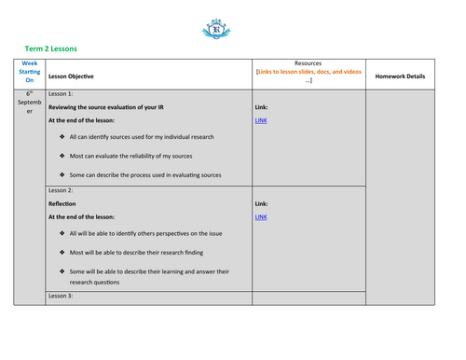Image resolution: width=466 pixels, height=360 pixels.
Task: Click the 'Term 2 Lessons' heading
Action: (x=50, y=48)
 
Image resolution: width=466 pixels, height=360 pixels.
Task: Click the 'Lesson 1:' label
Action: (x=61, y=94)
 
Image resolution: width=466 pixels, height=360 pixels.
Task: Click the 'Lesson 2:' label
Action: (x=61, y=189)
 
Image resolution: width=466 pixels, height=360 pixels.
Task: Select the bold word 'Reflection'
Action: (x=62, y=202)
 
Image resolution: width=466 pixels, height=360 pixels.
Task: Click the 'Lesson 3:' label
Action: (x=61, y=297)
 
